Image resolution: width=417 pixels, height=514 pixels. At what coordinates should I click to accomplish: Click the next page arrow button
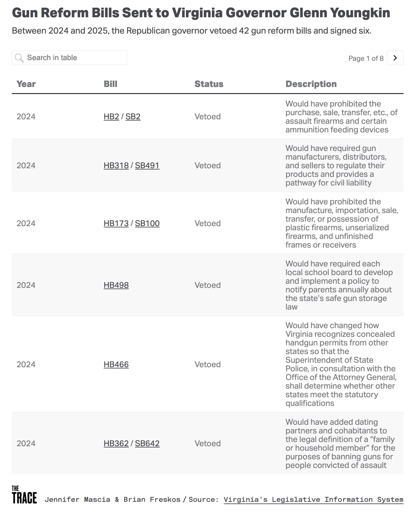(x=395, y=58)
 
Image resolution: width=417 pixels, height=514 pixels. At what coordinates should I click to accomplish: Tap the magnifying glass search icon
(x=20, y=58)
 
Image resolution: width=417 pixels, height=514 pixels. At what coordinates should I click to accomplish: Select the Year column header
(x=26, y=84)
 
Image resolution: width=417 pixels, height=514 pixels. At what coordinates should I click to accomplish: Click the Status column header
(x=209, y=84)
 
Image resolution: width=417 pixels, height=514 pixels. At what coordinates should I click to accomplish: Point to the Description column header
(x=311, y=84)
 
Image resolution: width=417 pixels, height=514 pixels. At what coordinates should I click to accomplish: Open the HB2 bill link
(x=111, y=116)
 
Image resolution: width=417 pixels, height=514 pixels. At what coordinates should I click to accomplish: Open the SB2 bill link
(x=133, y=116)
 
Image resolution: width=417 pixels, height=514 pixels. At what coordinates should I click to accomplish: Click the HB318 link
(x=116, y=165)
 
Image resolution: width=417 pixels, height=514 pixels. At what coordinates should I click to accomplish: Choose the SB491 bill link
(x=147, y=165)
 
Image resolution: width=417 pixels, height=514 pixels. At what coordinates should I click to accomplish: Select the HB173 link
(x=116, y=223)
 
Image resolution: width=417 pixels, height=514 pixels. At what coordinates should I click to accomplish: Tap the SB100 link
(x=147, y=223)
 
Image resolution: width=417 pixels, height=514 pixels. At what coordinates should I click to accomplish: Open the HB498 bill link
(x=116, y=285)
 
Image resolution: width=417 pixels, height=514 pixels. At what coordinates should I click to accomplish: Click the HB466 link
(x=116, y=364)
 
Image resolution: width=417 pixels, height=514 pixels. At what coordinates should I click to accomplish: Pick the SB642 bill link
(x=147, y=443)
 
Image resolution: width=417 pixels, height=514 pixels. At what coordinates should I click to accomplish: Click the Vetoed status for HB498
(x=207, y=285)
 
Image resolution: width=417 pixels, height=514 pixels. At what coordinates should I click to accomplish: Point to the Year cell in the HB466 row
(x=26, y=364)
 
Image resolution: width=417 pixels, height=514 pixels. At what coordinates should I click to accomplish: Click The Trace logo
(x=24, y=494)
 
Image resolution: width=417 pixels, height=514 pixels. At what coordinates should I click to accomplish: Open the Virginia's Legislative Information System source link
(x=313, y=499)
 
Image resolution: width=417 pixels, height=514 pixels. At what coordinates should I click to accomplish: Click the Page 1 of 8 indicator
(x=366, y=58)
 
